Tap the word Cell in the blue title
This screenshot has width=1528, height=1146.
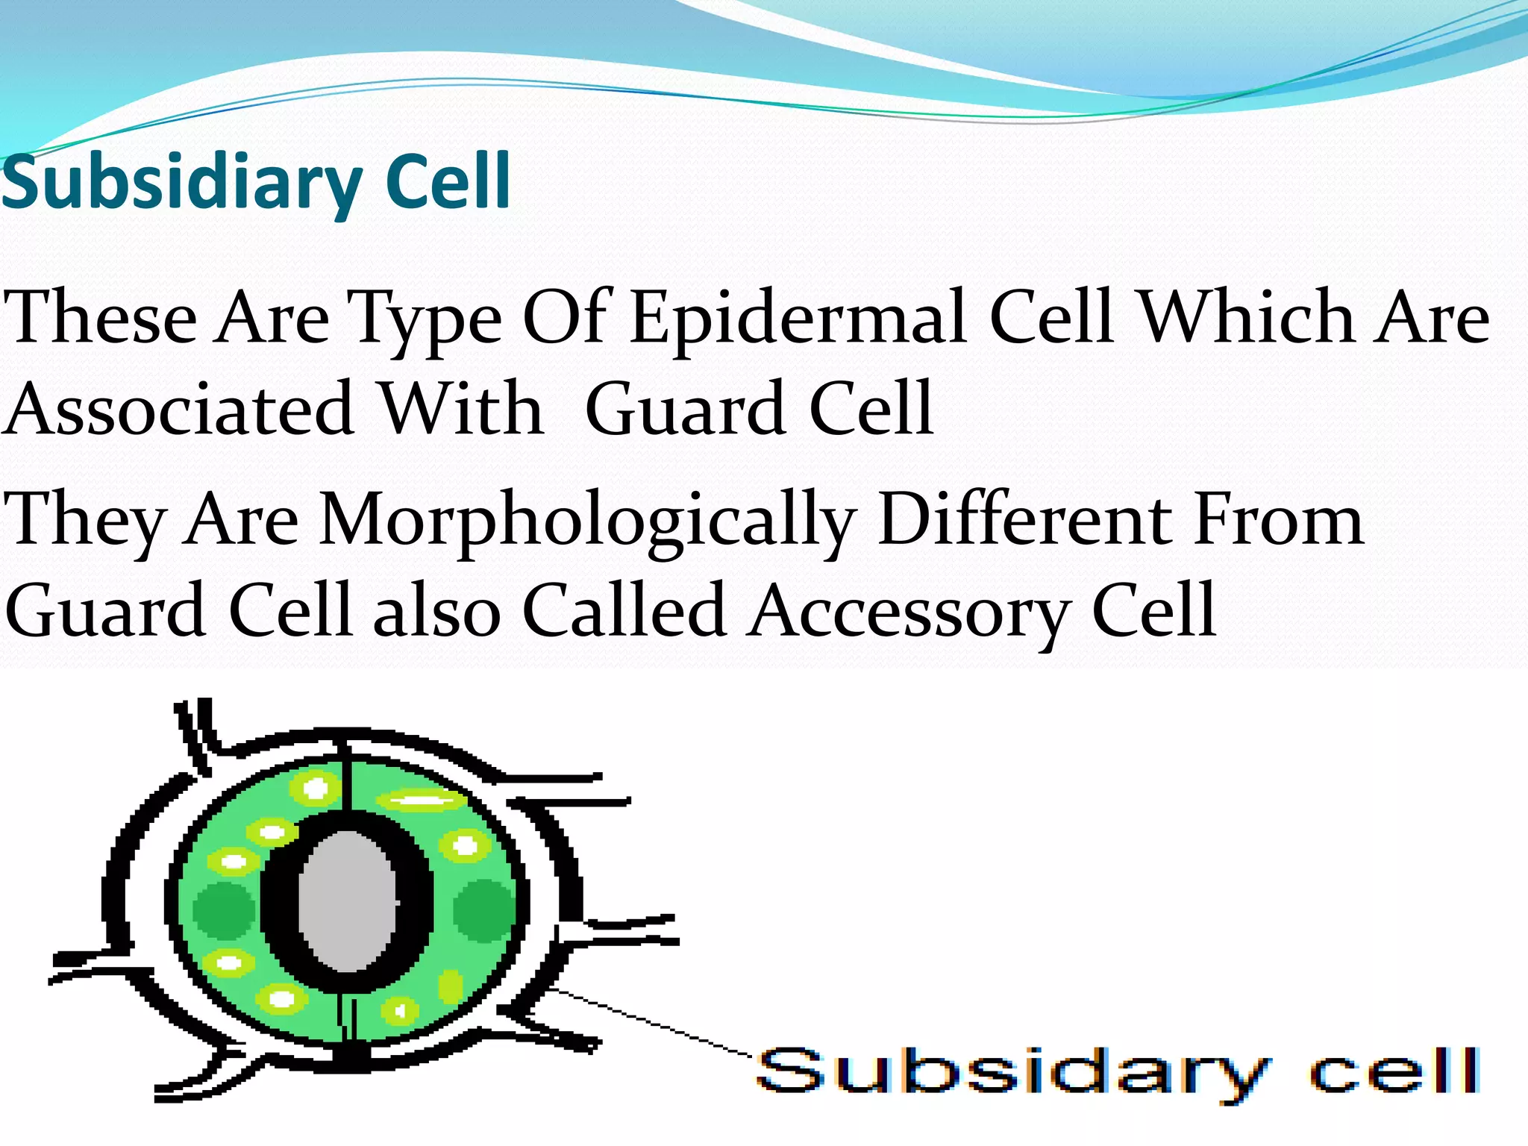tap(448, 181)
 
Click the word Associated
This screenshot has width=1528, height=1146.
tap(179, 410)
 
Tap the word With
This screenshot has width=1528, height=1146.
tap(462, 409)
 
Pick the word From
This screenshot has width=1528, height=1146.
tap(1279, 519)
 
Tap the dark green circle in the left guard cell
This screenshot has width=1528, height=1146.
tap(223, 911)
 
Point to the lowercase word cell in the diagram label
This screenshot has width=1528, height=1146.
tap(1395, 1071)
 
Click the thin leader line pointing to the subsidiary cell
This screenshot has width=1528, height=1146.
tap(657, 1022)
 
